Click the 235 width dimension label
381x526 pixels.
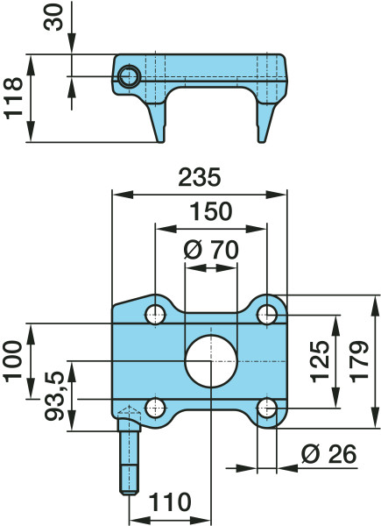(x=200, y=177)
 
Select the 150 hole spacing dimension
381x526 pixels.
(x=211, y=211)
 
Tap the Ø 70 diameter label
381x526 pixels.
(x=211, y=250)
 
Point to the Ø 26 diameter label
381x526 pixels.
(x=328, y=454)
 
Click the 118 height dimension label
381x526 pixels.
(x=14, y=98)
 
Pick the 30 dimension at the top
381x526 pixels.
(x=53, y=18)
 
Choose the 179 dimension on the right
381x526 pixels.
(x=359, y=361)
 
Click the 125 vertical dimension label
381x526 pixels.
(x=320, y=361)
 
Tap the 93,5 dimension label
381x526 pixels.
(x=54, y=396)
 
